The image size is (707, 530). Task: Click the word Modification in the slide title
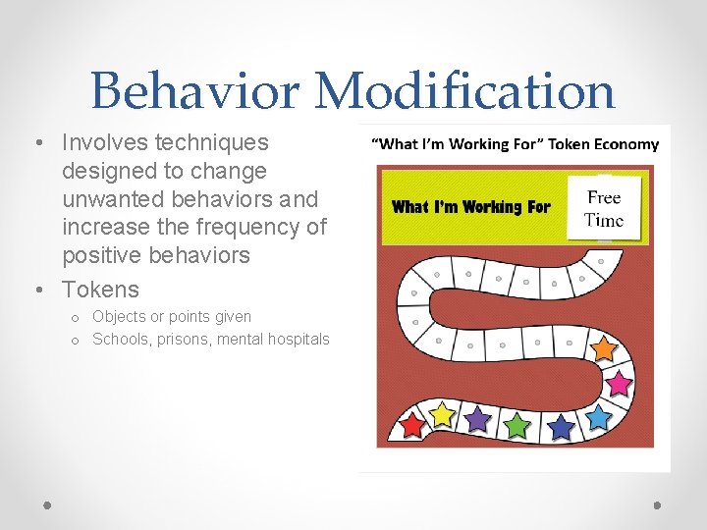[464, 91]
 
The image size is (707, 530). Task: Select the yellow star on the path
[444, 415]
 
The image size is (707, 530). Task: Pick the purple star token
[477, 419]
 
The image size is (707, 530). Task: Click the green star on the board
[517, 425]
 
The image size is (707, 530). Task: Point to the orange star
[604, 348]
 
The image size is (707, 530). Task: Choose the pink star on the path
[620, 381]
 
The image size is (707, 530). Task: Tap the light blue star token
[598, 417]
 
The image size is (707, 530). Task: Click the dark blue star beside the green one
[560, 427]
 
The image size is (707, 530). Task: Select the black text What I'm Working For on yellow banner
[470, 206]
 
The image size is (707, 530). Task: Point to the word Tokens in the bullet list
[100, 290]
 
